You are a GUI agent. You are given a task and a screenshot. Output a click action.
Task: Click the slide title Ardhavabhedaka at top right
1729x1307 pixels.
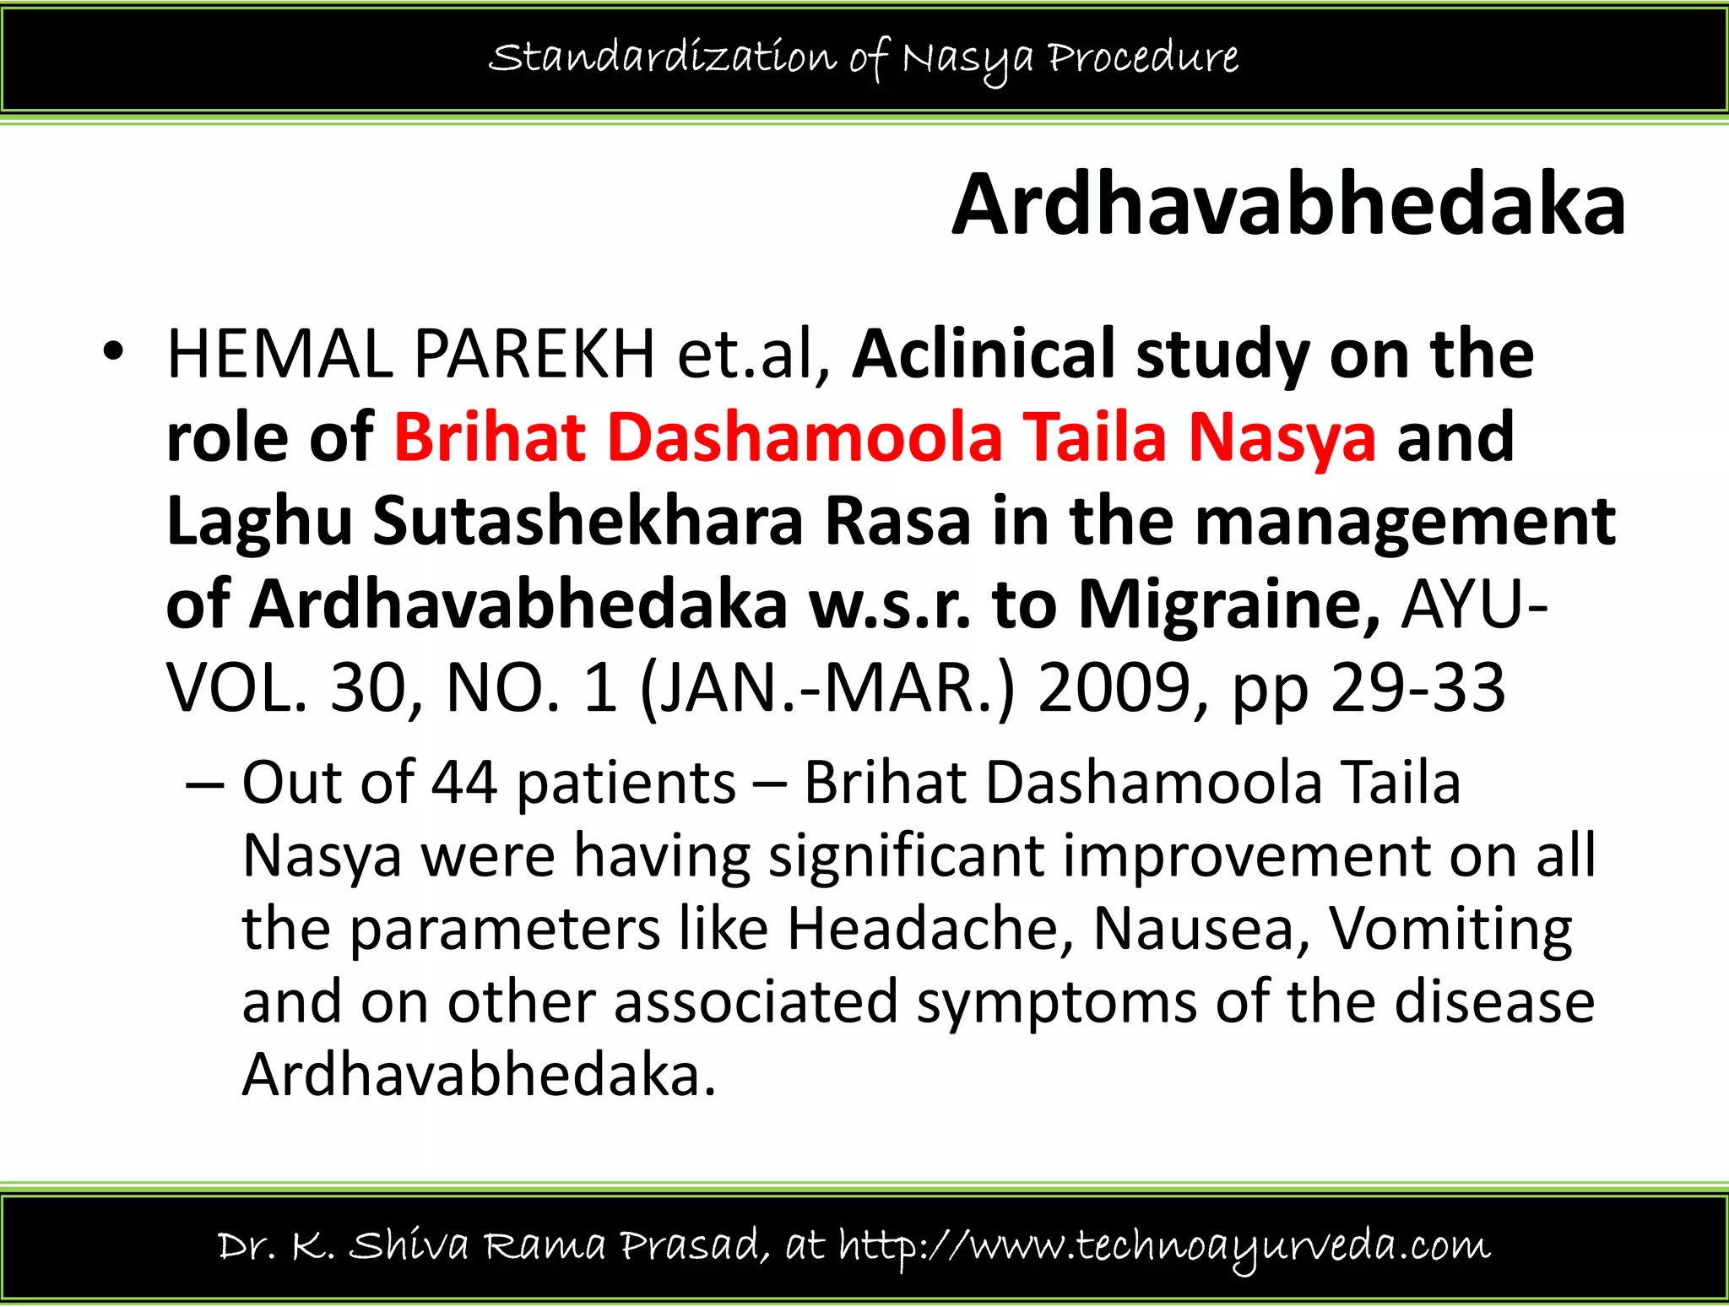[1288, 206]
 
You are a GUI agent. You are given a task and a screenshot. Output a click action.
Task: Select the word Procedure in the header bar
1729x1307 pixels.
[1143, 57]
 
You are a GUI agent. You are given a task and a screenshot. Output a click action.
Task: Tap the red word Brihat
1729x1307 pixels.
[490, 437]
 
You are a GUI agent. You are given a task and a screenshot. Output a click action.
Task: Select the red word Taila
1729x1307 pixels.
[1095, 437]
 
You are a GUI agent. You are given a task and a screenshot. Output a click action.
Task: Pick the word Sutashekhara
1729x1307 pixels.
[588, 522]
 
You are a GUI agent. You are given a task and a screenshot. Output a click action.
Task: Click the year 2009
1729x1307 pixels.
[1114, 688]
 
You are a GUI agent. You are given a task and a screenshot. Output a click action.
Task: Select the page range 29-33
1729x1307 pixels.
[1418, 688]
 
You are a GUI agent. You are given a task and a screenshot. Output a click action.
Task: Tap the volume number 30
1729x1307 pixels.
[369, 688]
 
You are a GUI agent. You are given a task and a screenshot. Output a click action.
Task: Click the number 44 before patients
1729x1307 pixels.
[464, 783]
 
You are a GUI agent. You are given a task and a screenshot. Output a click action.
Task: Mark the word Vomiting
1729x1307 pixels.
[1450, 930]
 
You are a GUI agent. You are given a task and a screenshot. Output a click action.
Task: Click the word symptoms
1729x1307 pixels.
[1057, 1003]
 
